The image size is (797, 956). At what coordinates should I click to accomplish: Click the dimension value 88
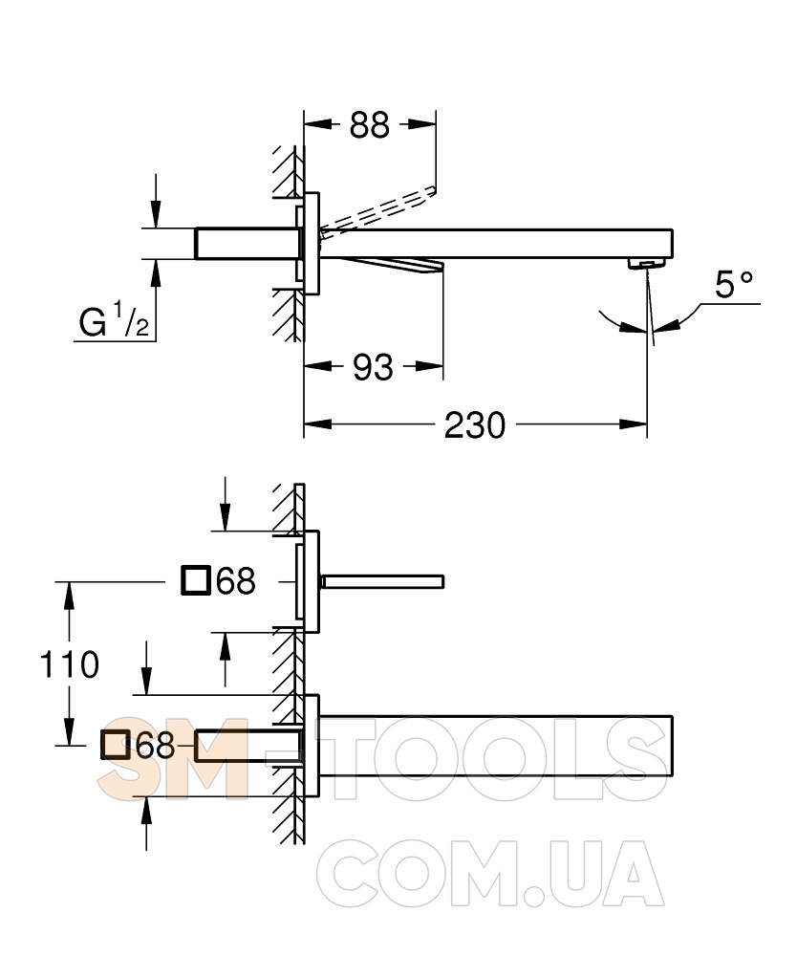[369, 125]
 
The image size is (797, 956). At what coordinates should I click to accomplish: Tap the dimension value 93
[373, 368]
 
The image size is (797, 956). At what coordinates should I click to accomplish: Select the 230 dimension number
[475, 425]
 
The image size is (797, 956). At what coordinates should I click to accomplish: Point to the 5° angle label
[734, 285]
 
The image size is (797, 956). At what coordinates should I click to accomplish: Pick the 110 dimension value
[69, 664]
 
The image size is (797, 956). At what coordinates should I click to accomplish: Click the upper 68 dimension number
[236, 580]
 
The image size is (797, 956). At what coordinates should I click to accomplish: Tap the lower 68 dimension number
[156, 745]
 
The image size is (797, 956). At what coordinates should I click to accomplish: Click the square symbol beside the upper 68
[196, 580]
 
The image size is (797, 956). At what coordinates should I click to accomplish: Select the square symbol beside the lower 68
[116, 745]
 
